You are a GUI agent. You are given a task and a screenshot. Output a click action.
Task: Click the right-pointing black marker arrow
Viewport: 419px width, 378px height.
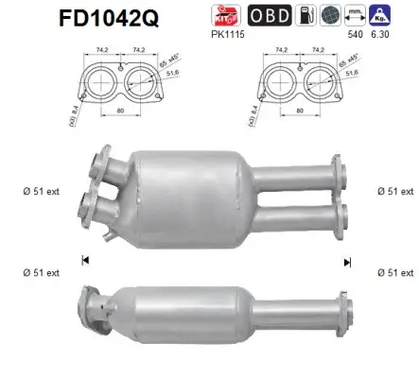click(347, 260)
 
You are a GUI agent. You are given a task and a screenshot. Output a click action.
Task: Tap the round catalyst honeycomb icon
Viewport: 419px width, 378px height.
click(329, 16)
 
